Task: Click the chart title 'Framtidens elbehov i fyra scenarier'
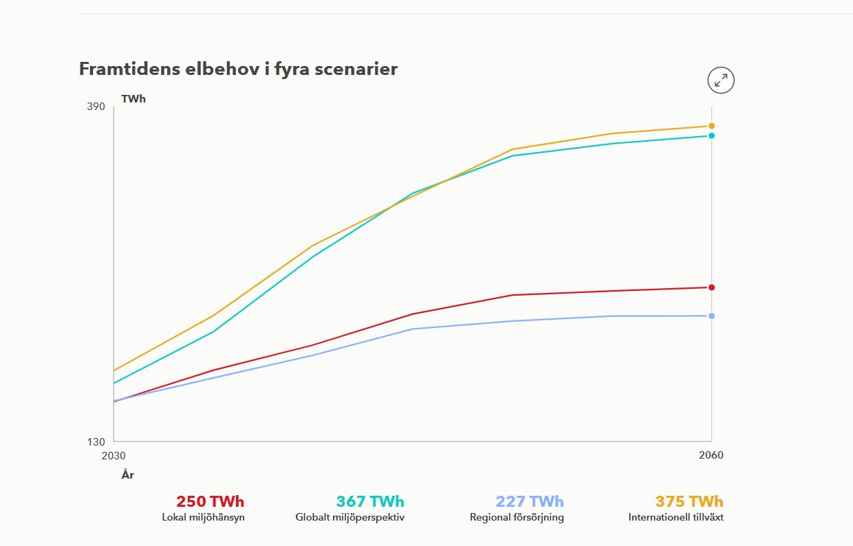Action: coord(238,69)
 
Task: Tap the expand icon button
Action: coord(721,80)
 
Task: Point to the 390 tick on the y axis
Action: coord(96,107)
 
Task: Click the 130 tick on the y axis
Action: coord(96,441)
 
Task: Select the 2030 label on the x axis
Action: coord(114,455)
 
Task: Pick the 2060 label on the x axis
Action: coord(711,455)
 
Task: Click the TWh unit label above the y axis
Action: coord(133,99)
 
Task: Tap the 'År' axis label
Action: coord(128,474)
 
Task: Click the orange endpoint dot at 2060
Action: coord(711,126)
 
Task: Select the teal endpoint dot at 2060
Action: coord(711,135)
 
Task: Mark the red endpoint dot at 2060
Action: coord(711,287)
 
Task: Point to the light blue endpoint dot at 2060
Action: coord(711,316)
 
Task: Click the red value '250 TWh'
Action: coord(210,501)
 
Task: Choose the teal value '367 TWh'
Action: coord(370,501)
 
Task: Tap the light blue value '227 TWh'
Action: coord(530,501)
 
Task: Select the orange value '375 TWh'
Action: coord(689,501)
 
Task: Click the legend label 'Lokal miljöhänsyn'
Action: coord(203,517)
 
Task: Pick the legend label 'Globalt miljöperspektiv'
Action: coord(350,517)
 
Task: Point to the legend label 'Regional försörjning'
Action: coord(517,517)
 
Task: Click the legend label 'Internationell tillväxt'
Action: coord(676,517)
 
